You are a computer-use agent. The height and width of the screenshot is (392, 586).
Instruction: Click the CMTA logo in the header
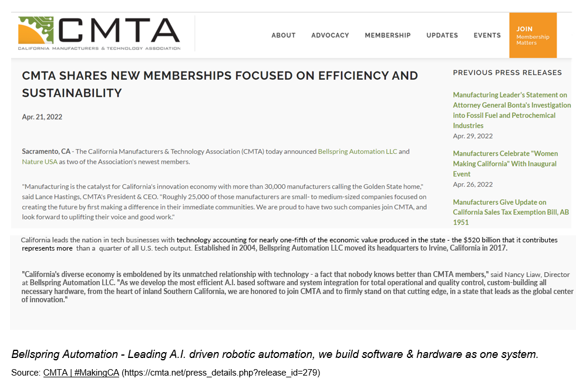pyautogui.click(x=99, y=34)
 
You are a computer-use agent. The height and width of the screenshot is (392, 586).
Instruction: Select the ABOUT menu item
pyautogui.click(x=283, y=35)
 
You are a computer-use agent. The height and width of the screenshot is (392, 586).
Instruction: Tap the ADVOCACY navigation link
pyautogui.click(x=330, y=35)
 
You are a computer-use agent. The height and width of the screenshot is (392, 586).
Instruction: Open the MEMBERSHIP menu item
pyautogui.click(x=388, y=35)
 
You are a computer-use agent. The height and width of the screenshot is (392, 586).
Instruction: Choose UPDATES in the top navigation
pyautogui.click(x=442, y=35)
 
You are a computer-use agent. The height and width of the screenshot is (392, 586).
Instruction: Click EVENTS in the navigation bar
pyautogui.click(x=487, y=35)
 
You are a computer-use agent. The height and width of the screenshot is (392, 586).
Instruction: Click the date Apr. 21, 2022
pyautogui.click(x=42, y=117)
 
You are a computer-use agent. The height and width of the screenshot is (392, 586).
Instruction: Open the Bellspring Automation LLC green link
pyautogui.click(x=358, y=151)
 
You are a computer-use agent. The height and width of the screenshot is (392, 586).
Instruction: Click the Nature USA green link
pyautogui.click(x=39, y=161)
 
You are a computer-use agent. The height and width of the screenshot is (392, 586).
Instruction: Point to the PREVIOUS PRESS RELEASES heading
pyautogui.click(x=507, y=73)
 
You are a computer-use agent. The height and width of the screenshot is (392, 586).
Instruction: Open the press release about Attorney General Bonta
pyautogui.click(x=511, y=110)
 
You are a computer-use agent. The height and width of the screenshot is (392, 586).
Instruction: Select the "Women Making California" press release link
pyautogui.click(x=505, y=164)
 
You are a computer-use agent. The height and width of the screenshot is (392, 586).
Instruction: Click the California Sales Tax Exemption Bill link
pyautogui.click(x=510, y=212)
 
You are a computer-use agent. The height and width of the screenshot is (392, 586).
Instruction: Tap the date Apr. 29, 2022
pyautogui.click(x=473, y=136)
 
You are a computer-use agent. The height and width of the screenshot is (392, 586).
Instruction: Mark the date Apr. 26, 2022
pyautogui.click(x=473, y=184)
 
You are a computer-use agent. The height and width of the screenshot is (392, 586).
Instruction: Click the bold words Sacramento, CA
pyautogui.click(x=46, y=151)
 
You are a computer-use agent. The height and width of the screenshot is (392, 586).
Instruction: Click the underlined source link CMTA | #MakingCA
pyautogui.click(x=81, y=373)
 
